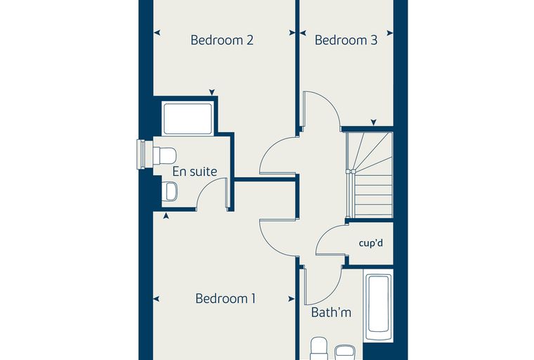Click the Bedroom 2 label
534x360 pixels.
click(222, 40)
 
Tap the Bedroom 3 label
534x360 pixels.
click(346, 40)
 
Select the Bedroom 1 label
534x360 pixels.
click(226, 299)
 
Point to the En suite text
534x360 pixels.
click(195, 172)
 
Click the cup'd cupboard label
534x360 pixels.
click(371, 243)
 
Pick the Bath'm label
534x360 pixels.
click(331, 313)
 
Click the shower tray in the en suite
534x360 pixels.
click(188, 119)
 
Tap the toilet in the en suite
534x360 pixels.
click(164, 155)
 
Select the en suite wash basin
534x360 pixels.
click(169, 191)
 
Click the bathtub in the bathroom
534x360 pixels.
click(378, 304)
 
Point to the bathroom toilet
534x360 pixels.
click(320, 349)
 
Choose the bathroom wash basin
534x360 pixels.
click(345, 352)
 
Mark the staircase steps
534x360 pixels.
click(369, 175)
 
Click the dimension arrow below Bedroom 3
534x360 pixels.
click(374, 122)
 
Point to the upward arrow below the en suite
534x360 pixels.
click(166, 215)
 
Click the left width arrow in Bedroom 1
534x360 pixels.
click(156, 299)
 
